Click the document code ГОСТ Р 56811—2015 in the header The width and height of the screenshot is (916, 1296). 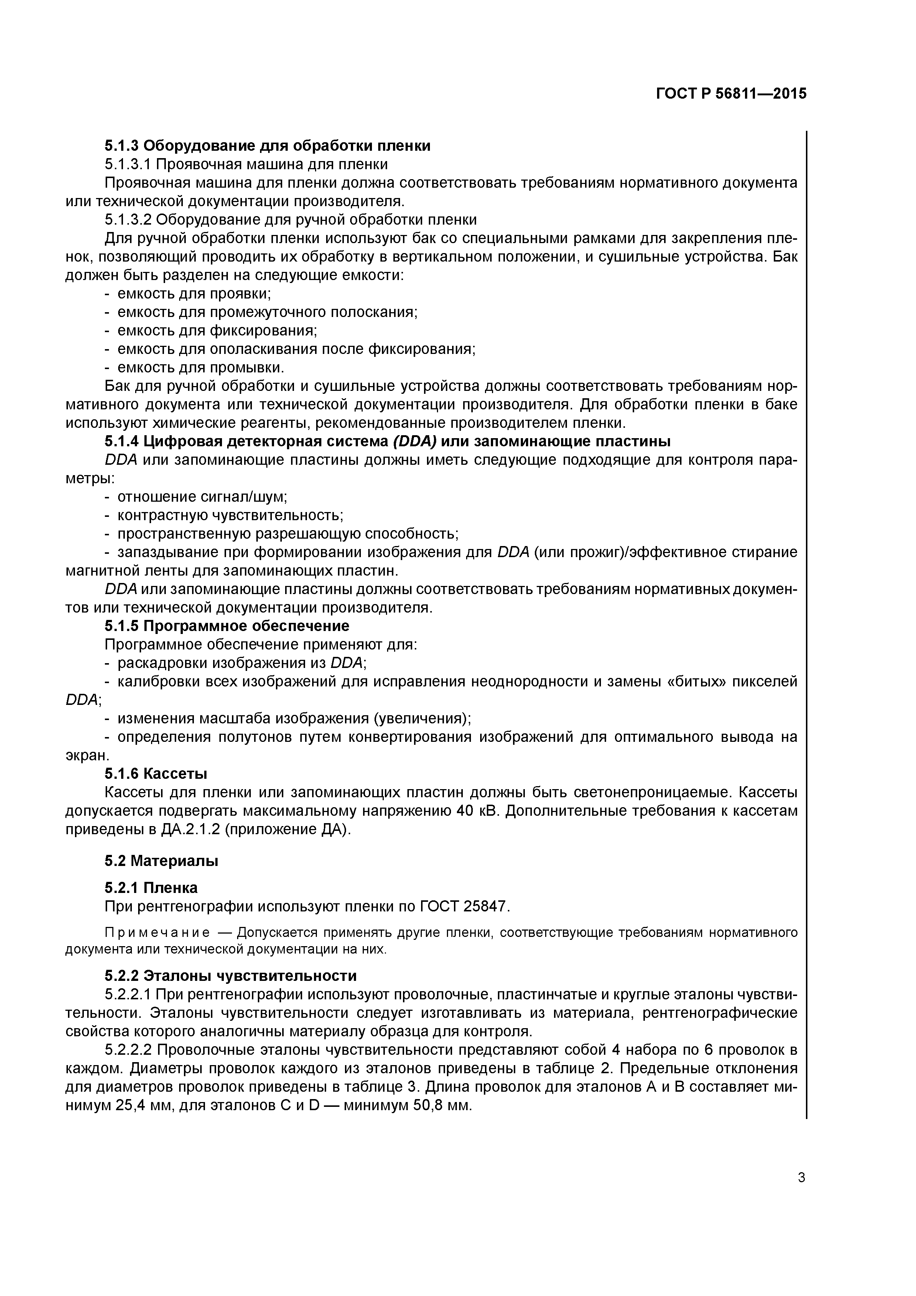click(731, 94)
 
